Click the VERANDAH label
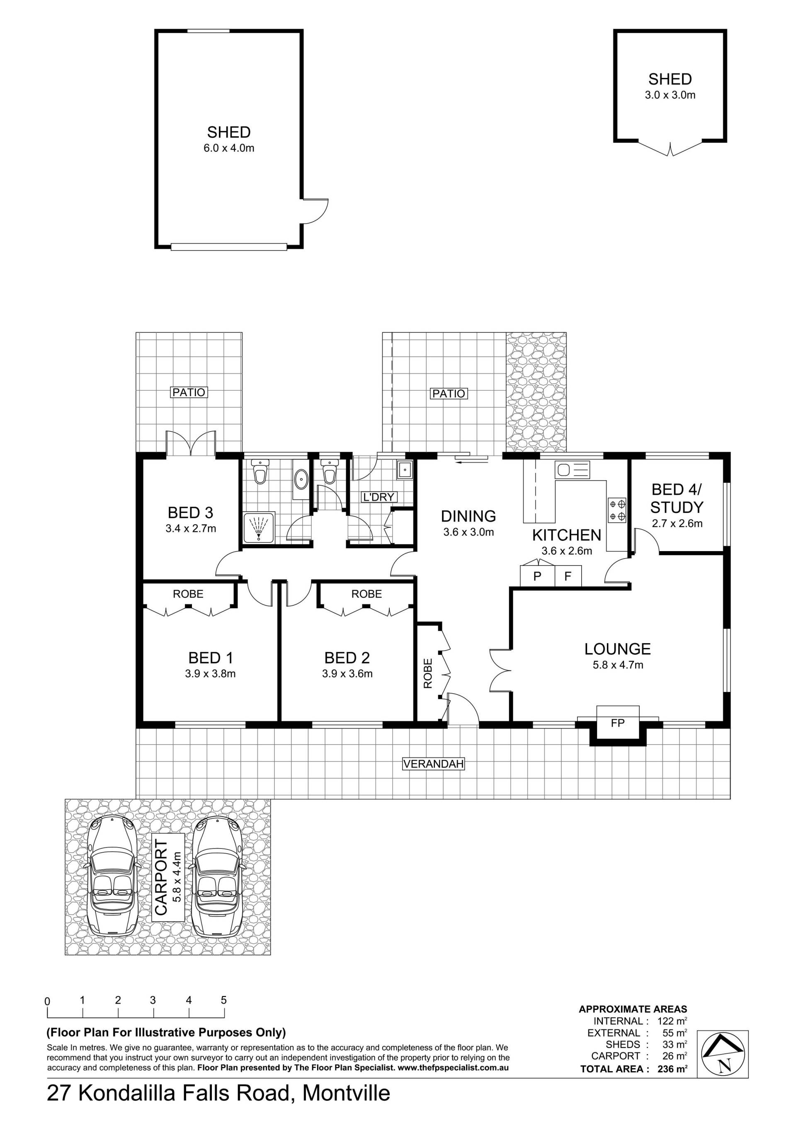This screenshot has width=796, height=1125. click(433, 763)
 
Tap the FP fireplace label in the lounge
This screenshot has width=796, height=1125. click(618, 723)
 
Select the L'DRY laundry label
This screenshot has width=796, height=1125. click(378, 497)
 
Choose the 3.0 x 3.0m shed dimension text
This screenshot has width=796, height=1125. click(670, 95)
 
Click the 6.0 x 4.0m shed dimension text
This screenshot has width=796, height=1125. click(229, 148)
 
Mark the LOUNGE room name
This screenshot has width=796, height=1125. click(618, 649)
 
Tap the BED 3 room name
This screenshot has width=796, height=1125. click(190, 513)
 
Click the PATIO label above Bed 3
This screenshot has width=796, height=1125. click(189, 392)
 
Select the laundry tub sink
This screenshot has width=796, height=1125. click(405, 470)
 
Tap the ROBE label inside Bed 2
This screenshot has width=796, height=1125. click(366, 594)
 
